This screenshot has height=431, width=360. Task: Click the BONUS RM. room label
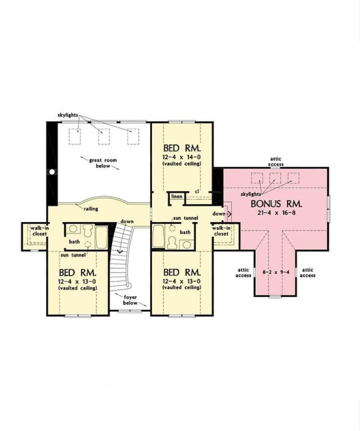(x=276, y=204)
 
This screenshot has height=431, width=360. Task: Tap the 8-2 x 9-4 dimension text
(x=275, y=272)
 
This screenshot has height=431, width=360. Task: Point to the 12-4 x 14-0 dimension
(x=182, y=157)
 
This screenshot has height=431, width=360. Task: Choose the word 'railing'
(x=90, y=209)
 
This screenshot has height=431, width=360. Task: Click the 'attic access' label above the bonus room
(x=276, y=162)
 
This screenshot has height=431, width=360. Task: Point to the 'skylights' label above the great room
(x=68, y=115)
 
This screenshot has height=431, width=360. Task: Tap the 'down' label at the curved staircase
(x=126, y=222)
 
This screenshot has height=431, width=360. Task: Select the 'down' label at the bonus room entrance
(x=219, y=214)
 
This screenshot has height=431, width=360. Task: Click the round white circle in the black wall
(x=52, y=171)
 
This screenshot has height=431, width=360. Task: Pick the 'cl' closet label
(x=197, y=192)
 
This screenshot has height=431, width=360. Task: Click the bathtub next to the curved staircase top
(x=102, y=237)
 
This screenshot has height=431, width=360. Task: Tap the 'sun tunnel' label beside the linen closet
(x=185, y=218)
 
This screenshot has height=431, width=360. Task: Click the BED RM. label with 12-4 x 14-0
(x=182, y=148)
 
